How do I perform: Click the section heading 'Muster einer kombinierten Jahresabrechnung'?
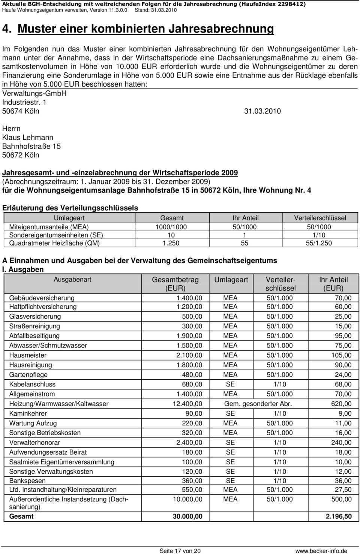click(146, 29)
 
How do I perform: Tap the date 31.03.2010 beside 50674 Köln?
click(262, 111)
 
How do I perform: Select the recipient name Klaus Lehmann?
click(28, 138)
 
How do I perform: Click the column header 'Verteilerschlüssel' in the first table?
click(320, 218)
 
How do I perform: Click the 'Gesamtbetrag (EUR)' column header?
click(175, 284)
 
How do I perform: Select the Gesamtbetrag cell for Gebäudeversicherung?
click(189, 298)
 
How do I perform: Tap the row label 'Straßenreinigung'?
click(34, 326)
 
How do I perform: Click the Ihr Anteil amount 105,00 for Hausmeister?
click(341, 355)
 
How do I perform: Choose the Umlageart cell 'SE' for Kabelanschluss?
click(230, 384)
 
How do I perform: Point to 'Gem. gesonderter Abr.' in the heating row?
click(258, 404)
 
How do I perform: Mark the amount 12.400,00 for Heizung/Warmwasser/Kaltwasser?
click(187, 404)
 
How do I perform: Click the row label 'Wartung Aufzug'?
click(33, 423)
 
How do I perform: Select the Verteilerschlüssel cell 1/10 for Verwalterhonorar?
click(279, 443)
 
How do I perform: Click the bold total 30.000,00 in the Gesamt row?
click(187, 516)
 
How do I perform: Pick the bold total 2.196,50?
click(339, 516)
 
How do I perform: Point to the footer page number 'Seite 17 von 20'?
click(180, 551)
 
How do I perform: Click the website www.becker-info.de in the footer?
click(321, 551)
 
